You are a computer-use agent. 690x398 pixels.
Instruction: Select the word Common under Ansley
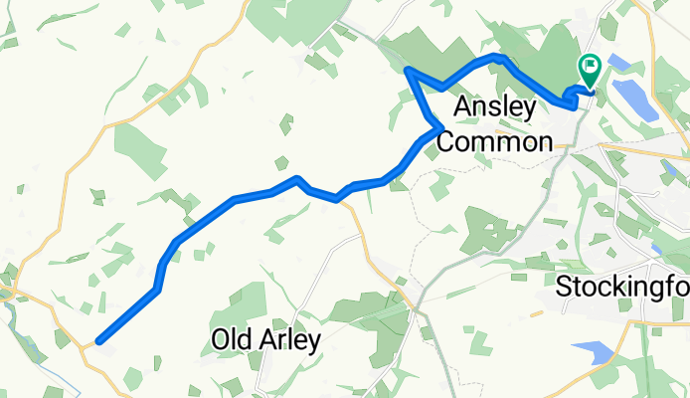pyautogui.click(x=494, y=141)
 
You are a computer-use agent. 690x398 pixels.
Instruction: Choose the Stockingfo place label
pyautogui.click(x=621, y=288)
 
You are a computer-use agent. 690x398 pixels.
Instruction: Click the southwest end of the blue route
pyautogui.click(x=99, y=342)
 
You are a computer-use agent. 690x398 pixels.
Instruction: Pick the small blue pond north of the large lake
pyautogui.click(x=619, y=63)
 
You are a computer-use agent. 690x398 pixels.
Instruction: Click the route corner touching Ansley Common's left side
pyautogui.click(x=438, y=126)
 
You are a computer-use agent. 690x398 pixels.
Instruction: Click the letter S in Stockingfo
pyautogui.click(x=564, y=288)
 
